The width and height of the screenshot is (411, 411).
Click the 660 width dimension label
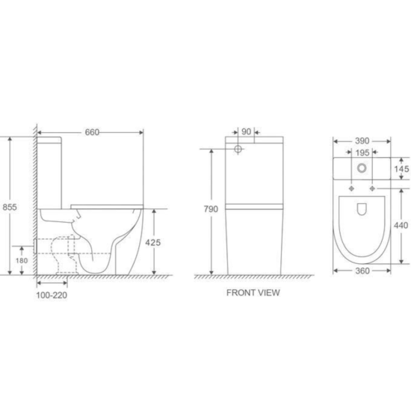click(x=92, y=132)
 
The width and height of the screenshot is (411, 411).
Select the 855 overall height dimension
click(x=10, y=207)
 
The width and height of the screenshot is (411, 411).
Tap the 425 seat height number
click(x=153, y=242)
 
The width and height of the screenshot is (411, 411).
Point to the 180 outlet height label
click(x=22, y=261)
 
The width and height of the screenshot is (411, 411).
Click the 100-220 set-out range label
click(x=52, y=295)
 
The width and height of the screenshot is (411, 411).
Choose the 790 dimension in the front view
click(x=211, y=209)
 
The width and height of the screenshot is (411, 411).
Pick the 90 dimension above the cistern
click(x=246, y=132)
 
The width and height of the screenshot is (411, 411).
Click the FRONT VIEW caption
click(x=253, y=292)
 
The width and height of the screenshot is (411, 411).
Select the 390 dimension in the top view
click(x=362, y=141)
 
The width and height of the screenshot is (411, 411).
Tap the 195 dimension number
click(x=362, y=152)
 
